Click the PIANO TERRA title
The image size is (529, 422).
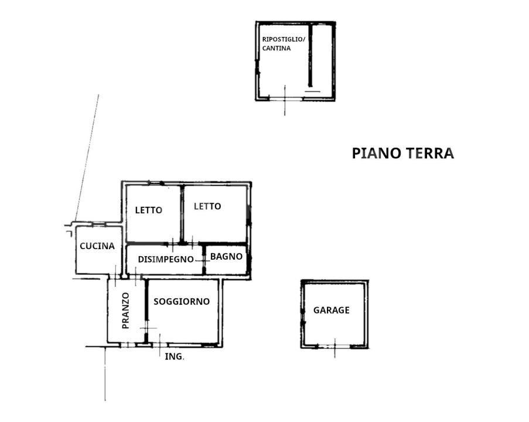[403, 154]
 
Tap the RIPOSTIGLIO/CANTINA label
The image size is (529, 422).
[283, 43]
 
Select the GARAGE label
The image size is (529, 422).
[331, 310]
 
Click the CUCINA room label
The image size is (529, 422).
[97, 246]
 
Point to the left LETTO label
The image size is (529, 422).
[148, 210]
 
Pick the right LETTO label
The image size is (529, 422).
[207, 206]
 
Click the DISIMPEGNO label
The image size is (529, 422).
[166, 259]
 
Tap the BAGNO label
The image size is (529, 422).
[226, 256]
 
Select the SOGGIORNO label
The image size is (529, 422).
[182, 301]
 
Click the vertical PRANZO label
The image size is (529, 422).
[125, 311]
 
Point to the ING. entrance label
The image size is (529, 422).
[175, 356]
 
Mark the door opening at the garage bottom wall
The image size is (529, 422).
[335, 347]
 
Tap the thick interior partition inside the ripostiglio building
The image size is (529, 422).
[312, 56]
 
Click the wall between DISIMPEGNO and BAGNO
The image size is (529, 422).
[204, 260]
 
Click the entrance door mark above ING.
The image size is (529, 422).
[159, 345]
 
